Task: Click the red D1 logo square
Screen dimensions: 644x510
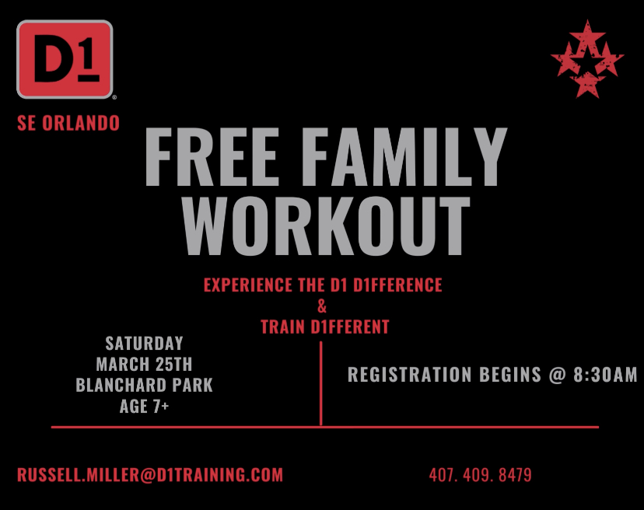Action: tap(65, 60)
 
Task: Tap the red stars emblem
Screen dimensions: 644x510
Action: tap(587, 59)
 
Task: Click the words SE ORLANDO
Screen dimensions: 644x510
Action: tap(68, 123)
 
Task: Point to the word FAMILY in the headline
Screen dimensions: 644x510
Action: tap(405, 157)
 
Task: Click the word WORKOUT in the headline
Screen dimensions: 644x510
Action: tap(327, 225)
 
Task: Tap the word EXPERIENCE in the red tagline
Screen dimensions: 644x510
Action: tap(248, 285)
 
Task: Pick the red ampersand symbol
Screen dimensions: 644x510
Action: tap(322, 306)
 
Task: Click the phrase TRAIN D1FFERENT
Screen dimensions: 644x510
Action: tap(325, 327)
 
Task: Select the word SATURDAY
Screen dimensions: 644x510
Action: tap(144, 344)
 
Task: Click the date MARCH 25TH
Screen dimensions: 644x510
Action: tap(144, 364)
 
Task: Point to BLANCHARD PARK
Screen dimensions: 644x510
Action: tap(144, 385)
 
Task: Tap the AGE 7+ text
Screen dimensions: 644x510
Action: tap(144, 406)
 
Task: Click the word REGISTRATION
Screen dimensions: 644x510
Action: tap(409, 375)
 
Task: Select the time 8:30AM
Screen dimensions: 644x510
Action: tap(605, 375)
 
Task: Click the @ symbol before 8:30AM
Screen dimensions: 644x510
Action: tap(558, 375)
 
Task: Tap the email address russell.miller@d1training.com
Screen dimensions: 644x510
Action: tap(150, 475)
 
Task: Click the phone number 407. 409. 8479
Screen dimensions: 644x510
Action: tap(481, 475)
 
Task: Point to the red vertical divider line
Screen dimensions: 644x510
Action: tap(320, 383)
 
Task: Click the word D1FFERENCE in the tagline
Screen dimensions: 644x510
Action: tap(397, 285)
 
